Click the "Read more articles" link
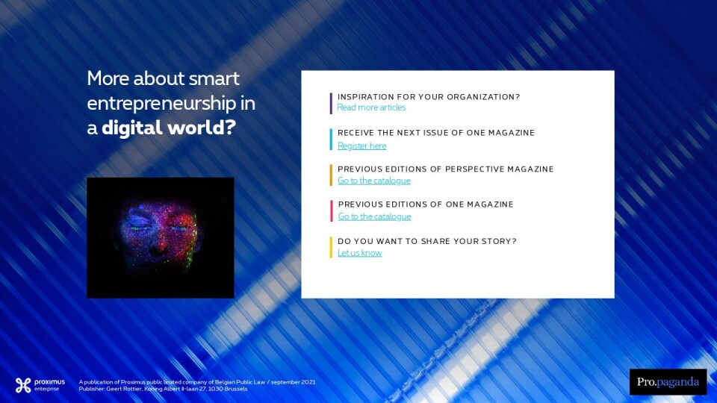[x=371, y=107]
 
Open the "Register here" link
[x=361, y=146]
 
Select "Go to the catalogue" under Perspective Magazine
[x=374, y=181]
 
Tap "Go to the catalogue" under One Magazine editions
[x=374, y=216]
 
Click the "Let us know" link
[x=359, y=253]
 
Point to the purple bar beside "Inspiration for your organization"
[x=331, y=103]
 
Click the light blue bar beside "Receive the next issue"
[x=331, y=140]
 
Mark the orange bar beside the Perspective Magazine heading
[x=331, y=175]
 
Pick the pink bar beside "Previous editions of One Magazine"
[x=332, y=210]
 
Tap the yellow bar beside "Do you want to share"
[x=331, y=247]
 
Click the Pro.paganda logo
[x=668, y=382]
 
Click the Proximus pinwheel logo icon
[x=23, y=385]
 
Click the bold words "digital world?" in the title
[x=169, y=128]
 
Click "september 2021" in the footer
[x=293, y=382]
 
